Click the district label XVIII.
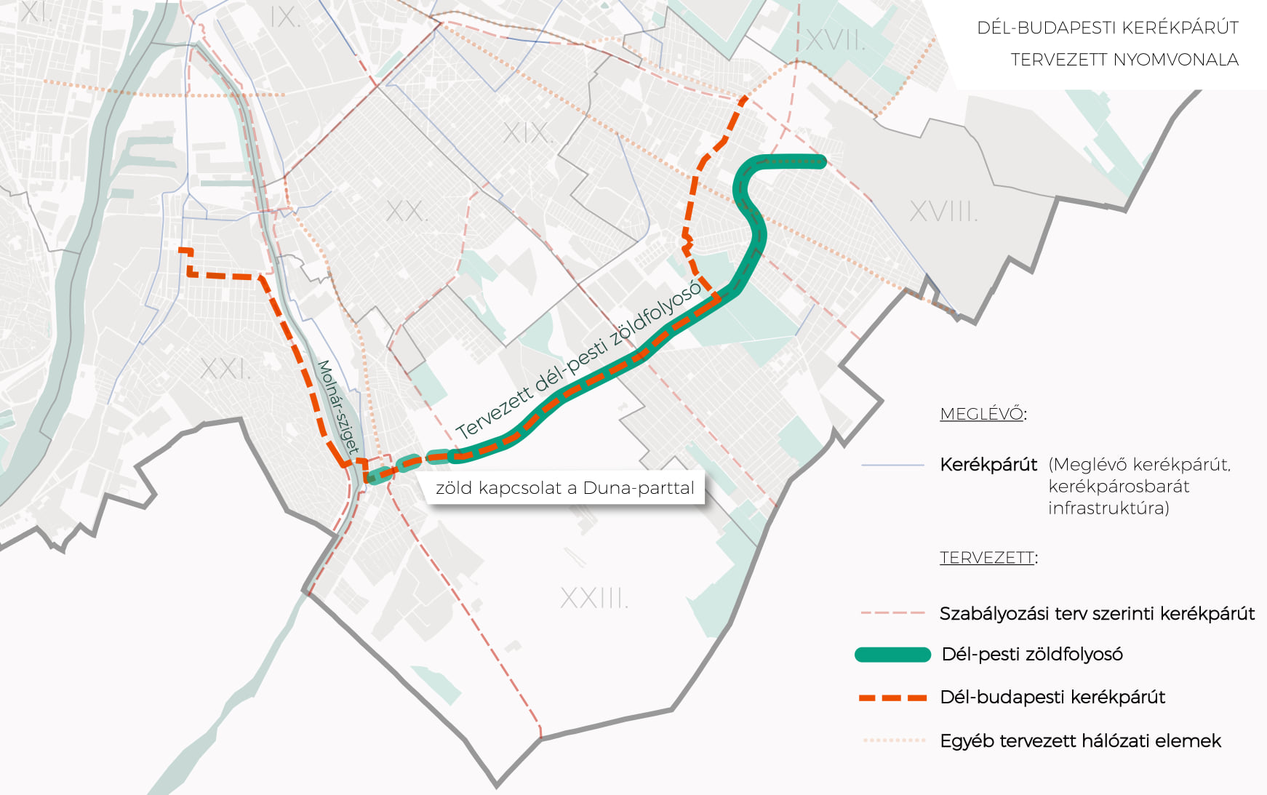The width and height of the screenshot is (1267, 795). pyautogui.click(x=943, y=212)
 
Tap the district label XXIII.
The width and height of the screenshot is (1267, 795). pyautogui.click(x=593, y=598)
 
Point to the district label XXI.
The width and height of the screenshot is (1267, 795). pyautogui.click(x=225, y=369)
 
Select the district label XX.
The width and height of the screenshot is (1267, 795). pyautogui.click(x=406, y=212)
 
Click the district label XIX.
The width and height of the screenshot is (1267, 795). pyautogui.click(x=527, y=133)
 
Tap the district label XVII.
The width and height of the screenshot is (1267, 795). pyautogui.click(x=835, y=41)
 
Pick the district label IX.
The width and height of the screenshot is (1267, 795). pyautogui.click(x=284, y=17)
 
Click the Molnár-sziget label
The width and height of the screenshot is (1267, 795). pyautogui.click(x=338, y=407)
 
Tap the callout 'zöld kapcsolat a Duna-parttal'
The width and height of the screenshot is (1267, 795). pyautogui.click(x=564, y=488)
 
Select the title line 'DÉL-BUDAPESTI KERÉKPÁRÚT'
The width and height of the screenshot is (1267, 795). pyautogui.click(x=1107, y=28)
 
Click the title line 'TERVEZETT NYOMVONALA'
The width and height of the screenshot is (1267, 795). pyautogui.click(x=1124, y=60)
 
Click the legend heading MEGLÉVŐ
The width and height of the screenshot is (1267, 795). pyautogui.click(x=981, y=414)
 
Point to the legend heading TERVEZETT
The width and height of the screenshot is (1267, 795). pyautogui.click(x=986, y=558)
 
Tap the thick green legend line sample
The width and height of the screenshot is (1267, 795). pyautogui.click(x=892, y=655)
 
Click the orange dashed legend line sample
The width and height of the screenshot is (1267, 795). pyautogui.click(x=892, y=698)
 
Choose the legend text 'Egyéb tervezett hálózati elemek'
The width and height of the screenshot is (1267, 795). pyautogui.click(x=1080, y=741)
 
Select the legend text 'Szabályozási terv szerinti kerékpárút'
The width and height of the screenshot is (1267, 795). pyautogui.click(x=1097, y=614)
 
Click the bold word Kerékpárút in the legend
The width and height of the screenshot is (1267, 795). pyautogui.click(x=988, y=465)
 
